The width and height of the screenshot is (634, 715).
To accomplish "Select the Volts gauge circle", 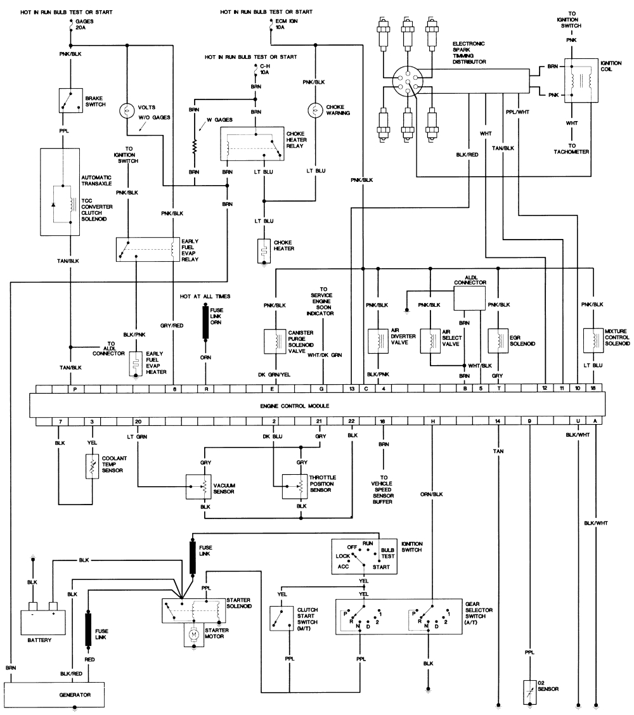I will [127, 110].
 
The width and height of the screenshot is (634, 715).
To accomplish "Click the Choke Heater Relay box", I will [252, 145].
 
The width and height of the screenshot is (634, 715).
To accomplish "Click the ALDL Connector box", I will [469, 297].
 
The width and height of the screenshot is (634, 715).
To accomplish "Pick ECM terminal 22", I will [351, 421].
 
